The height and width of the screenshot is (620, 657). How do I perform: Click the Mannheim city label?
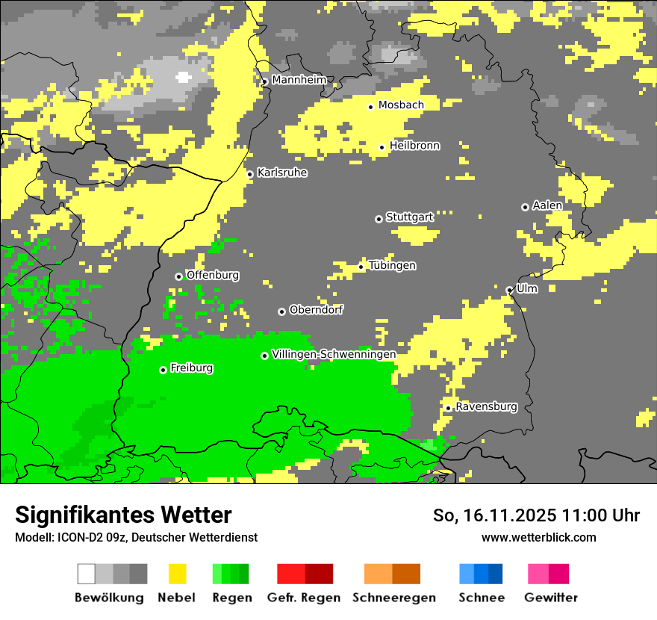(299, 80)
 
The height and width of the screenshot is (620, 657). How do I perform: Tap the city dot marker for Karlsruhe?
(250, 174)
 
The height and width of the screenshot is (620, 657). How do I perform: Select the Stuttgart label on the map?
(409, 217)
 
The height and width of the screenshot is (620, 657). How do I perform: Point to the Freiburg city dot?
(163, 370)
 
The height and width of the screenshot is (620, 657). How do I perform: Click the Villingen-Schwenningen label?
(334, 354)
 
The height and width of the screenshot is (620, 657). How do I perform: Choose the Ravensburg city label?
(486, 407)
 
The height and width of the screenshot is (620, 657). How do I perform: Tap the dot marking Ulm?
(509, 290)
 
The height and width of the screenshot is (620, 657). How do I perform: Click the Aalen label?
(547, 205)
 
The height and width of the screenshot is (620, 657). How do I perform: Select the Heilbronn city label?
(414, 146)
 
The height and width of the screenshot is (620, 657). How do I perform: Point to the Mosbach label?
(401, 105)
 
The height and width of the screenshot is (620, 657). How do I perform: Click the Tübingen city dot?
(361, 267)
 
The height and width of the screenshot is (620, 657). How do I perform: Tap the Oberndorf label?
(317, 310)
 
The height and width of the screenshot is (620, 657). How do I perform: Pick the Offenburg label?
(213, 275)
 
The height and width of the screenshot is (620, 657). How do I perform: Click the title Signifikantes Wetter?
(123, 515)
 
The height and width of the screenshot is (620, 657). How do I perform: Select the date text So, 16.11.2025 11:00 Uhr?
(536, 515)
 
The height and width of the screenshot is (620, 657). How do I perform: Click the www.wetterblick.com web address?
(538, 537)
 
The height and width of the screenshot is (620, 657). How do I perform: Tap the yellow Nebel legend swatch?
(178, 574)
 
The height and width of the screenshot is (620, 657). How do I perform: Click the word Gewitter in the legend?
(550, 598)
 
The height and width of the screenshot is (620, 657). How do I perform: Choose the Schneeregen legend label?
(393, 598)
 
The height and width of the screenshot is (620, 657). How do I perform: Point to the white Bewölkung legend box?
(87, 574)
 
